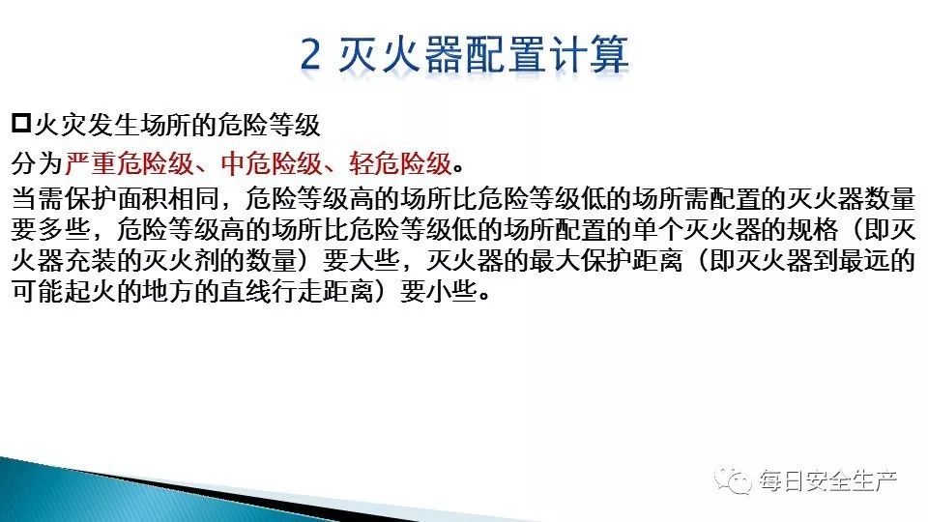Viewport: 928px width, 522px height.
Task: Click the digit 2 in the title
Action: pos(310,54)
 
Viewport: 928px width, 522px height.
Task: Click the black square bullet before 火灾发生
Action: pos(20,124)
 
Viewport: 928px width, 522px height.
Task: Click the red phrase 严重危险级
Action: pos(129,163)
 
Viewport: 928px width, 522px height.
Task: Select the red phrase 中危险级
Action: pos(272,163)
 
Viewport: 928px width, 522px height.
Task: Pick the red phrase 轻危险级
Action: pos(400,163)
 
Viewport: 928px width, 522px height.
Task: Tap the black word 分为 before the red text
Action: pos(37,163)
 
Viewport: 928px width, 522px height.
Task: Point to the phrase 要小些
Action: pos(439,292)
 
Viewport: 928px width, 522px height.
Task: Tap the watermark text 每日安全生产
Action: pos(828,480)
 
